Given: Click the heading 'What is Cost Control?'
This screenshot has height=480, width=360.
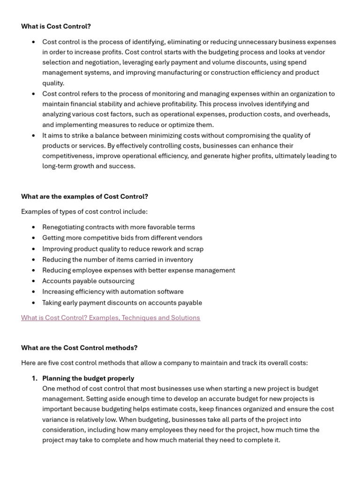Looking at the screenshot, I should tap(56, 26).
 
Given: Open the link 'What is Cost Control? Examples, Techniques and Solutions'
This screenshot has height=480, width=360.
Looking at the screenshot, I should tap(110, 318).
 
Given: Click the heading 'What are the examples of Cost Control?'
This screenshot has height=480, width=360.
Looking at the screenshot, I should tap(84, 196).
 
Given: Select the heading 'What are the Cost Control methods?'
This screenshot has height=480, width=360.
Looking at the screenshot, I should tap(79, 348).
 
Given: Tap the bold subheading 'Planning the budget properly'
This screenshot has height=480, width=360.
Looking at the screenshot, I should tap(88, 378).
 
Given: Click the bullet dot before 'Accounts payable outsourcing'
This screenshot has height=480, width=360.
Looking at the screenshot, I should tap(33, 281).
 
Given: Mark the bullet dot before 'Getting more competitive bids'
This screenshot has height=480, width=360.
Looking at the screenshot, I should tap(33, 238).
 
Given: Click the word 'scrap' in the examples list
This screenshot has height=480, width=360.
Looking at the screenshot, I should tap(194, 249).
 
